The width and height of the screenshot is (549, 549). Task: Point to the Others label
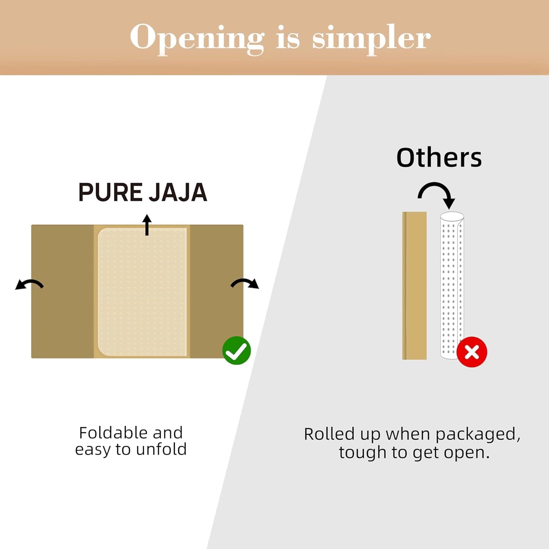(439, 158)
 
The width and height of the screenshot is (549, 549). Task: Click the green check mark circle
(236, 350)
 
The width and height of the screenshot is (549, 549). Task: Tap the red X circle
(471, 352)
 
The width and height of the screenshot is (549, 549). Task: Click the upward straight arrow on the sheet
(147, 225)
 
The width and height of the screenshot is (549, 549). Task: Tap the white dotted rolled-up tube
(452, 285)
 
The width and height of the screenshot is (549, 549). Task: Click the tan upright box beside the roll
(414, 285)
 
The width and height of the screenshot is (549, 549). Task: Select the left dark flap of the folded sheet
(63, 291)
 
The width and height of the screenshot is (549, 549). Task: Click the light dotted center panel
(142, 292)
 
